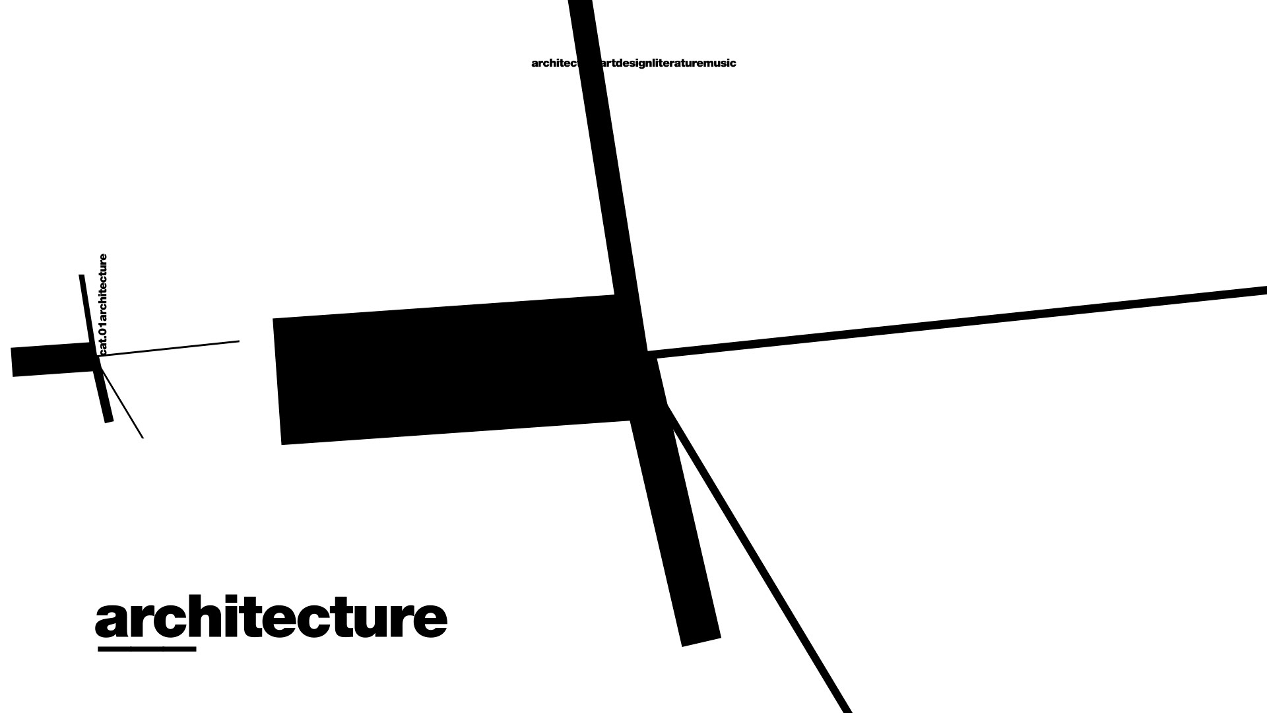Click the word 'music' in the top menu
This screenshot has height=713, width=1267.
coord(721,63)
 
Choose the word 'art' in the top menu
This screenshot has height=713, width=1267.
coord(607,63)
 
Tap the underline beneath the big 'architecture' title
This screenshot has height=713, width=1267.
coord(146,649)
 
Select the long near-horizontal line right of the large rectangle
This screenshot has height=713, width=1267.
coord(957,322)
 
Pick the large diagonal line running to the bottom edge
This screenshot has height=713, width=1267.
coord(759,561)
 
